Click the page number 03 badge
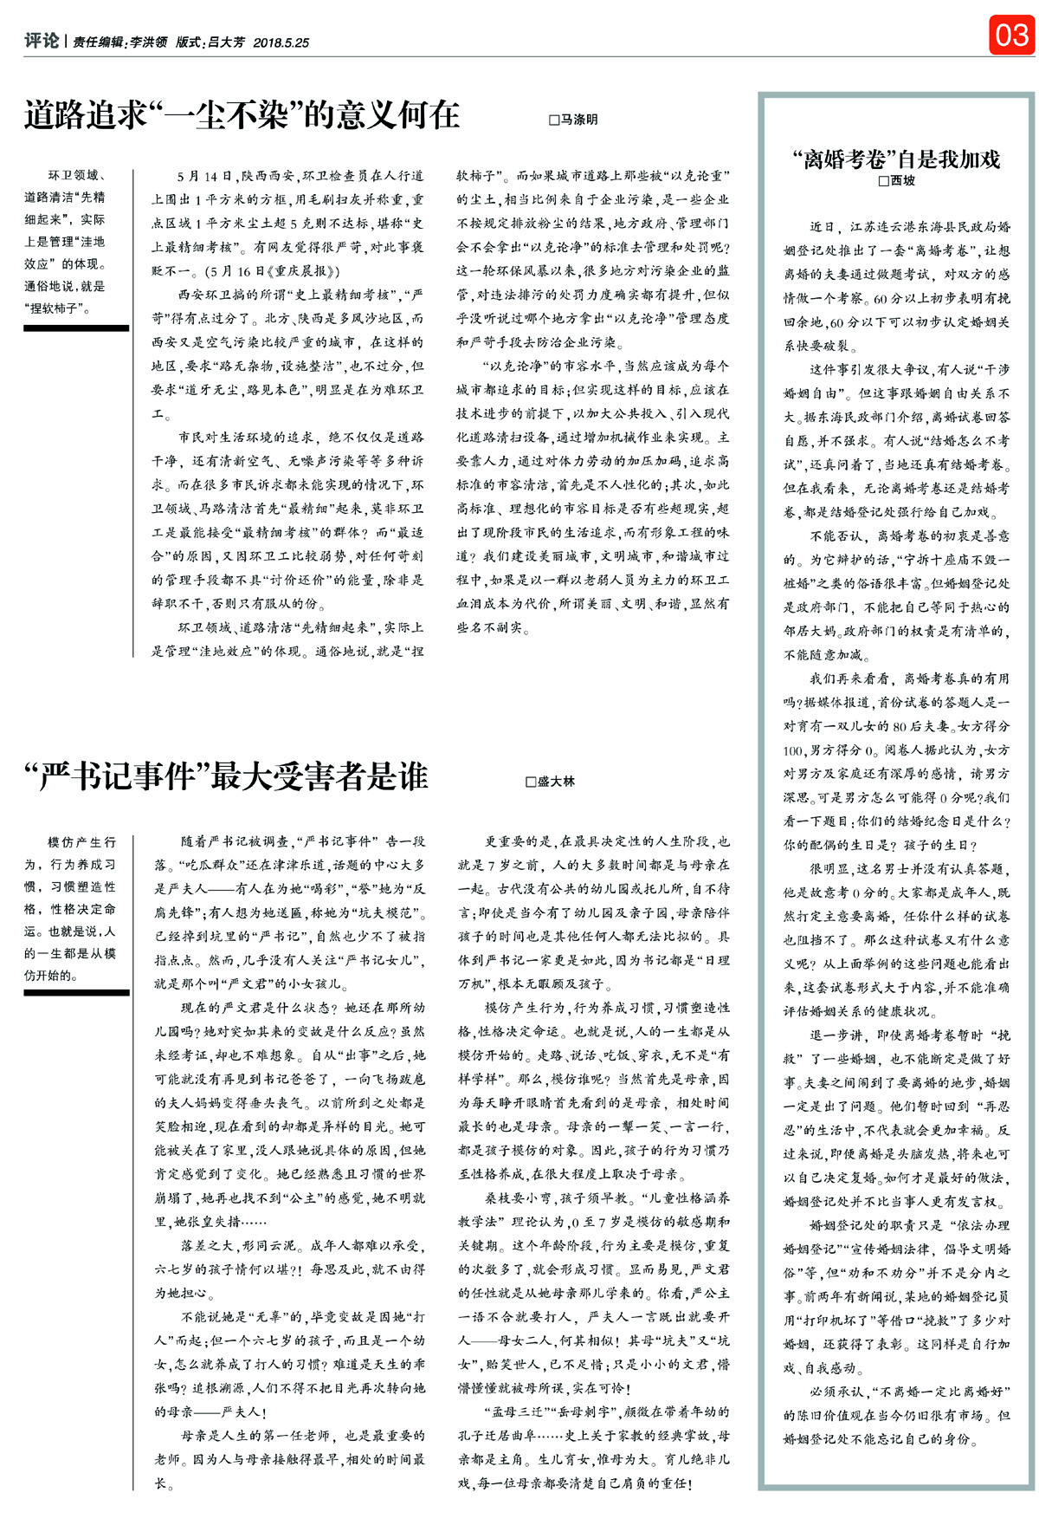coord(1011,36)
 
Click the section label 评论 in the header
coord(42,41)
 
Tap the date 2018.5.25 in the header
coord(281,42)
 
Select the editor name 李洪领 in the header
coord(148,42)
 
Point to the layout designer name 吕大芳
coord(225,42)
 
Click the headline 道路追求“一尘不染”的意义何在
coord(242,115)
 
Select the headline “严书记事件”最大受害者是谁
coord(226,776)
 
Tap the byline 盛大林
coord(556,782)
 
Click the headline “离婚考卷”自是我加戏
coord(896,159)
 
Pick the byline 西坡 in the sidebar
coord(902,181)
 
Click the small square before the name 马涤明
coord(554,120)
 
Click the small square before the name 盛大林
coord(531,782)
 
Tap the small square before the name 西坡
coord(883,181)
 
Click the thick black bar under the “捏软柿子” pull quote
coord(76,328)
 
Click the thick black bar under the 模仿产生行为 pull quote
coord(76,993)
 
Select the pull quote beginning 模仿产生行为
coord(70,908)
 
